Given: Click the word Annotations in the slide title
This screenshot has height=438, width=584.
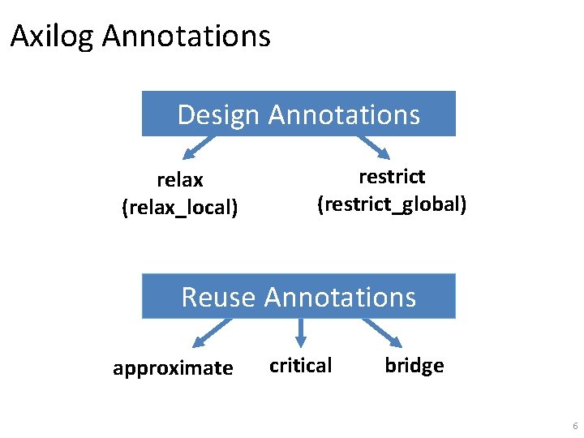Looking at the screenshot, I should (x=187, y=36).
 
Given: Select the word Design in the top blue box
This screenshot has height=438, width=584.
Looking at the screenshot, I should (x=219, y=114).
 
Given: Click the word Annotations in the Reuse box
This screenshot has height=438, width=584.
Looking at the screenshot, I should (x=340, y=297).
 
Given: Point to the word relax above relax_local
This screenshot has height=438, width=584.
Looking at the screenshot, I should (x=180, y=180).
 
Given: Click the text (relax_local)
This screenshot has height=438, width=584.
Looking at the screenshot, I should (x=180, y=208).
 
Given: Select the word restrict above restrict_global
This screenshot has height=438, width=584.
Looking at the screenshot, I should (x=392, y=177).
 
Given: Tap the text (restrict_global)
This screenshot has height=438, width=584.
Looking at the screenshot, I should (x=392, y=204).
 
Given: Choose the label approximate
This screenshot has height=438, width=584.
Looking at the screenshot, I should (x=173, y=368).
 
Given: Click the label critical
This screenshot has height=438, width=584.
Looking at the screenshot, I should (x=300, y=366).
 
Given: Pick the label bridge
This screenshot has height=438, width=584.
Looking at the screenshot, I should (x=414, y=366).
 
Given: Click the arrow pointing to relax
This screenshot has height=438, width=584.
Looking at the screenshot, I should (x=198, y=148).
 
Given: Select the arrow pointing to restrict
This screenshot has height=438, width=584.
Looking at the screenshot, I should (x=374, y=148).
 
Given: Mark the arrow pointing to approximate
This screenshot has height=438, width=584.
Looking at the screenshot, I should (x=211, y=333).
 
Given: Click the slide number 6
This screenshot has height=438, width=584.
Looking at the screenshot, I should (x=575, y=427).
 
